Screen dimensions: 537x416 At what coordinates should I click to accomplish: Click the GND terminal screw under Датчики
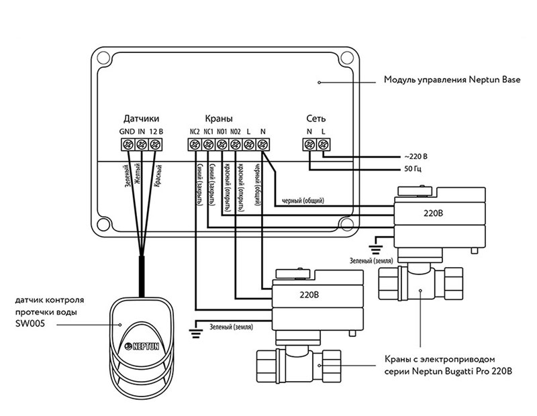click(128, 144)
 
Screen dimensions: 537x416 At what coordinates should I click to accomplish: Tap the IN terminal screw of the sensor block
click(141, 144)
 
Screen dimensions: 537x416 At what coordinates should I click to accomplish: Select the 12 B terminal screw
click(155, 144)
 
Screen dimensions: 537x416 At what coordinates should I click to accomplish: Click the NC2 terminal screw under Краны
click(195, 144)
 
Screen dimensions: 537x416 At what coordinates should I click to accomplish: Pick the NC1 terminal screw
click(208, 144)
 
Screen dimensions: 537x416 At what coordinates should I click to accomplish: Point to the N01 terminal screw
click(222, 144)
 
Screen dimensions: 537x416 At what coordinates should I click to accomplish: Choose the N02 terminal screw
click(236, 144)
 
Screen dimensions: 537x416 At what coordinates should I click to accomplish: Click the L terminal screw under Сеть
click(322, 144)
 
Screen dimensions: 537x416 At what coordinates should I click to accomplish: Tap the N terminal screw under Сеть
click(309, 144)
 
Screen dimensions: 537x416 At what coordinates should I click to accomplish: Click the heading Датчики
click(141, 119)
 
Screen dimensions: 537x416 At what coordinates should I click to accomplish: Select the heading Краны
click(219, 119)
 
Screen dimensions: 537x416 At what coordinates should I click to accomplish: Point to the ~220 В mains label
click(416, 157)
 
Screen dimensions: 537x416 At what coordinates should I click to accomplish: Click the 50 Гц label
click(413, 169)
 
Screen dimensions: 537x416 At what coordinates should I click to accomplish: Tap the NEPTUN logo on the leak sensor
click(142, 346)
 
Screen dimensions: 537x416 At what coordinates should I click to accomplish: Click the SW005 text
click(30, 323)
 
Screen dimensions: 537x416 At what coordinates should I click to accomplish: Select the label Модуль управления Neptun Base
click(452, 80)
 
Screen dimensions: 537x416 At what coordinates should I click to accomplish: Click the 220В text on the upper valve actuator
click(433, 213)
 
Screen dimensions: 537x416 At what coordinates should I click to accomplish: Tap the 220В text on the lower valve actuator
click(309, 295)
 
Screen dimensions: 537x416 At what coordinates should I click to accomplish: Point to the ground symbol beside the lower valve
click(195, 329)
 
